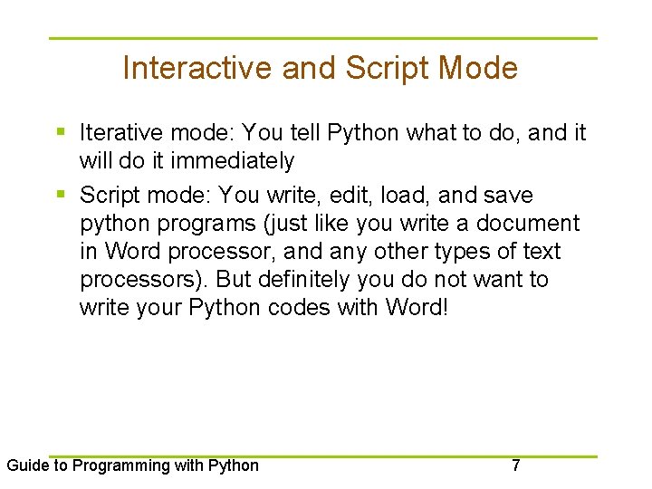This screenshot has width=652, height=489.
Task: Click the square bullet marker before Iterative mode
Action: click(61, 133)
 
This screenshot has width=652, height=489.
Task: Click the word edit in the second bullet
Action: click(339, 196)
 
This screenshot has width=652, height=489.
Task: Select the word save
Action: click(508, 196)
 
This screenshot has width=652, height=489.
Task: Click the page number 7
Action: click(515, 466)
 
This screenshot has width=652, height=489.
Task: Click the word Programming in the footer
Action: click(114, 466)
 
